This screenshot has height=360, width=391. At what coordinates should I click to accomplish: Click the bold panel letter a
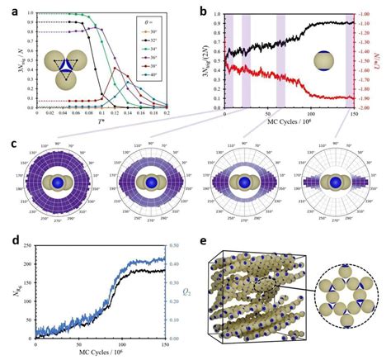coord(7,7)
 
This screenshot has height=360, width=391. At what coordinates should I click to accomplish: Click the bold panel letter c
coord(7,141)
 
